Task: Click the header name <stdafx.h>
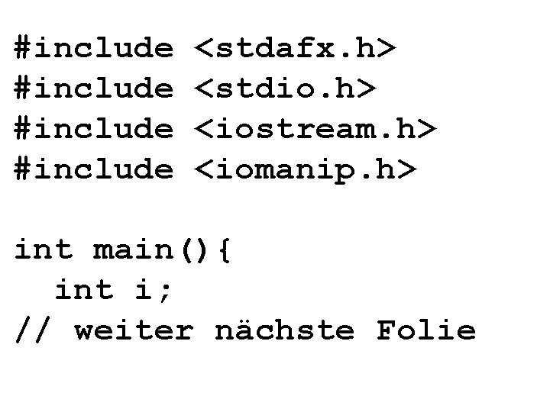[x=296, y=49]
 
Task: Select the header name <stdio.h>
[x=286, y=89]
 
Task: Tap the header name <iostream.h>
[x=315, y=129]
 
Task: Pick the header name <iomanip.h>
[x=306, y=169]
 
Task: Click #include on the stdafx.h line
[x=94, y=49]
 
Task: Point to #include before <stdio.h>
[x=94, y=89]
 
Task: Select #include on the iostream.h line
[x=94, y=129]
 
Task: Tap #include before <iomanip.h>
[x=94, y=169]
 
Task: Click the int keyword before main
[x=44, y=249]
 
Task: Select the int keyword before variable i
[x=84, y=290]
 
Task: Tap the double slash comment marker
[x=34, y=330]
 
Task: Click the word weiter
[x=134, y=330]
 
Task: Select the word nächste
[x=284, y=330]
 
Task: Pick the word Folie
[x=425, y=330]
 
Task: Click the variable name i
[x=144, y=290]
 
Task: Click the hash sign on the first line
[x=24, y=49]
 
